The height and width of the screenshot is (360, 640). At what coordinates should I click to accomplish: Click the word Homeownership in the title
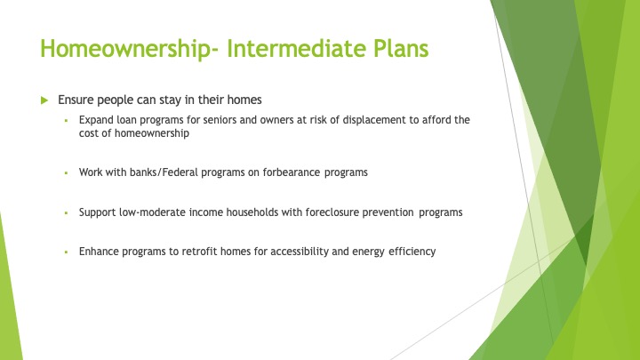(126, 49)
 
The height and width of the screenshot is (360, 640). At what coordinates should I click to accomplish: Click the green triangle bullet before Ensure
(44, 100)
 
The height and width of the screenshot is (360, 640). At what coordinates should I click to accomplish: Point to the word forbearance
(292, 172)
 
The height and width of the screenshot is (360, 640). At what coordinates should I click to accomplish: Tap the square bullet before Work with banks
(66, 173)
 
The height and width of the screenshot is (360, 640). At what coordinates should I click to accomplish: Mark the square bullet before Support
(66, 212)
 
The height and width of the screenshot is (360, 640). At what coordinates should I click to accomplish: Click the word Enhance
(99, 252)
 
